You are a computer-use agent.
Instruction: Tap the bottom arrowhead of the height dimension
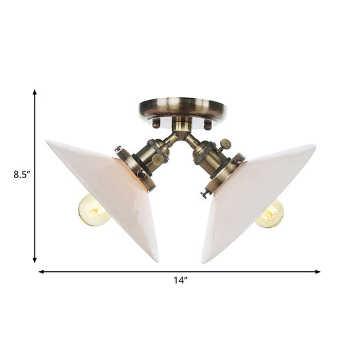[x=35, y=260]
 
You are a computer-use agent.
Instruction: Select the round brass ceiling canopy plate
[x=182, y=109]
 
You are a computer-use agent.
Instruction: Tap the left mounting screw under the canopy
[x=156, y=124]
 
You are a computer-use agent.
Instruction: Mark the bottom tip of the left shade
[x=157, y=261]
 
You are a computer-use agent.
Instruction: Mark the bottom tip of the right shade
[x=204, y=262]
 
